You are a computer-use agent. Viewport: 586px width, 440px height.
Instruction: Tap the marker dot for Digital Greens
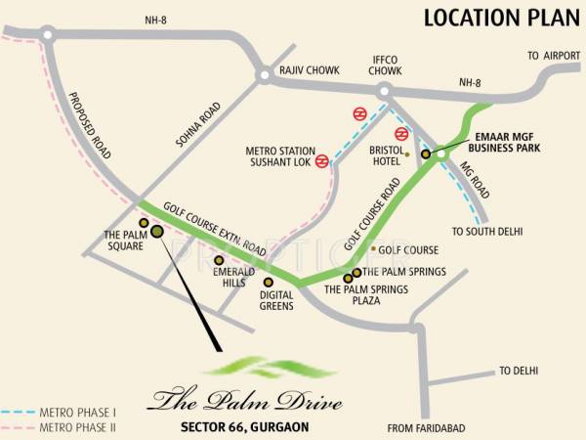point(269,282)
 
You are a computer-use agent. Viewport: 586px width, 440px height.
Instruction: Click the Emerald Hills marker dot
point(219,260)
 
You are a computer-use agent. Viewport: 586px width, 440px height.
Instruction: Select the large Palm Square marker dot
point(157,233)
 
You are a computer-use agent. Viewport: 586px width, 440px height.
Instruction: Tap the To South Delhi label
point(486,232)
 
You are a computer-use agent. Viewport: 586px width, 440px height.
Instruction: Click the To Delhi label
point(519,371)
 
